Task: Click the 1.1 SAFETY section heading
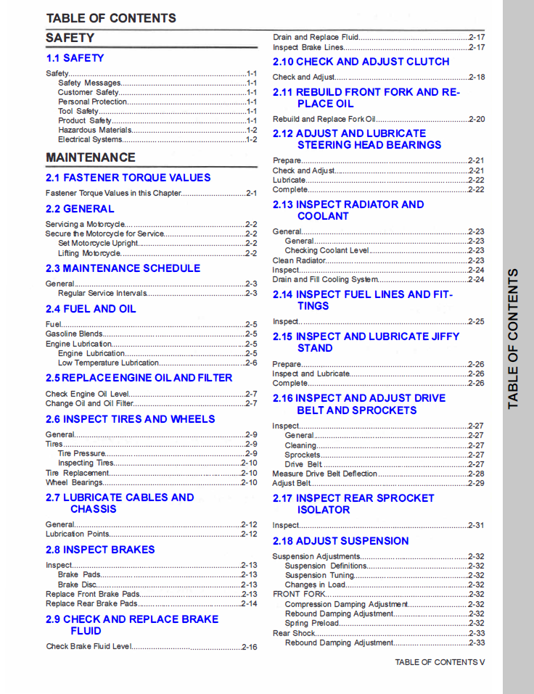point(75,58)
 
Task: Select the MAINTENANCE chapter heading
point(91,157)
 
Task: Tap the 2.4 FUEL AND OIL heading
point(91,309)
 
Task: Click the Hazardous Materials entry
point(95,131)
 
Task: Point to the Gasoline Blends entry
point(74,334)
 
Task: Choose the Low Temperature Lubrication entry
point(108,363)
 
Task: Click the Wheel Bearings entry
point(74,482)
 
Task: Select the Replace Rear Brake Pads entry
point(91,603)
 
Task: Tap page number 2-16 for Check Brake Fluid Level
point(249,647)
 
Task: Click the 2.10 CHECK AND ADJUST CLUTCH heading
point(361,62)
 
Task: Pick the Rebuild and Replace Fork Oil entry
point(324,119)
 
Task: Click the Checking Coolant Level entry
point(326,251)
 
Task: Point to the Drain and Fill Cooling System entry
point(325,279)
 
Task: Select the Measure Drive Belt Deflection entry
point(324,474)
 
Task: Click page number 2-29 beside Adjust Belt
point(476,483)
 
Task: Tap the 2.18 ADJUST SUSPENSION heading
point(340,541)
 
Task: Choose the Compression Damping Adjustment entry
point(336,604)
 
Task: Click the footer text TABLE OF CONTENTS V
point(440,662)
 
